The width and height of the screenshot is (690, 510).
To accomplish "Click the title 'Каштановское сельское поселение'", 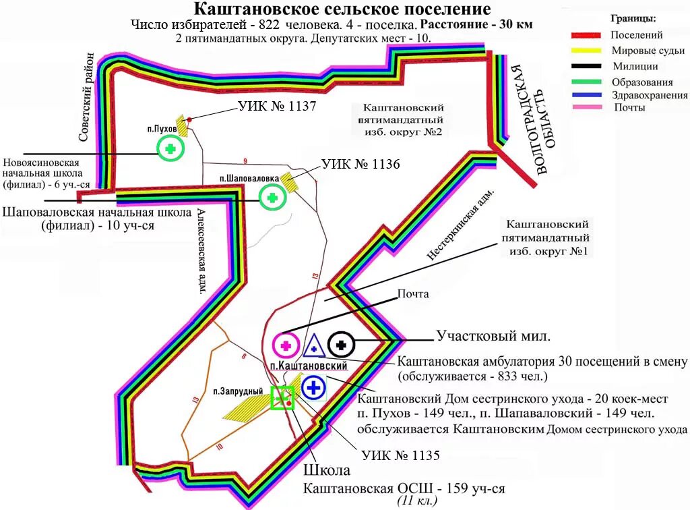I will [342, 9].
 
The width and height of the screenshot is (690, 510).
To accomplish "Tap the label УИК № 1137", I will [277, 107].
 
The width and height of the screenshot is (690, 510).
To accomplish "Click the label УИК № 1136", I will [360, 165].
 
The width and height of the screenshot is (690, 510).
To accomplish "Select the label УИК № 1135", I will [400, 455].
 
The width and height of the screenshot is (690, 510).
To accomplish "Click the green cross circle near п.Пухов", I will [171, 148].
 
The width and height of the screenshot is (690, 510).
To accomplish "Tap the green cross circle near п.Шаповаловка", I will [273, 198].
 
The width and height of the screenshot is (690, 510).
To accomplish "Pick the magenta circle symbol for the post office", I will [286, 345].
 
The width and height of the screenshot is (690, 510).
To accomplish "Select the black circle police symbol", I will [342, 344].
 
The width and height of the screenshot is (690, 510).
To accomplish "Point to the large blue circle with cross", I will [314, 388].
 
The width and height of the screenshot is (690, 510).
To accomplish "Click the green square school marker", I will [282, 398].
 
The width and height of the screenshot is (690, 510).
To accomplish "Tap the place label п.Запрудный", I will [232, 391].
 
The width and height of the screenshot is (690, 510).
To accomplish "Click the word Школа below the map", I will [326, 470].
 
